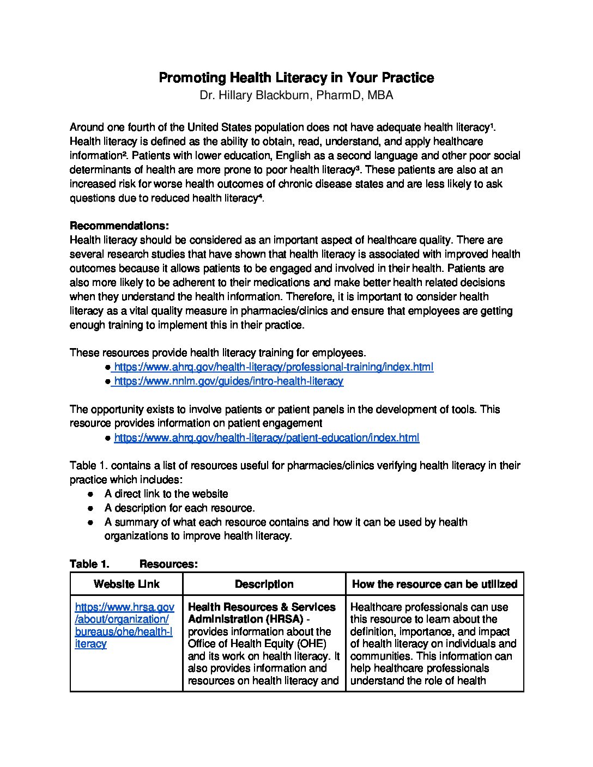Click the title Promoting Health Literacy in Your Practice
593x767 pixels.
pyautogui.click(x=296, y=78)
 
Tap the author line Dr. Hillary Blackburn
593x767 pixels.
pyautogui.click(x=296, y=95)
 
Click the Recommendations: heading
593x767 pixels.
pyautogui.click(x=119, y=226)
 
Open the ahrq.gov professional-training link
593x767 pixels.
pyautogui.click(x=274, y=367)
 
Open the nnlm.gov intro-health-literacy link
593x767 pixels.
pyautogui.click(x=228, y=381)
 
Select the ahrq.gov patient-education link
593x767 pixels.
pyautogui.click(x=267, y=437)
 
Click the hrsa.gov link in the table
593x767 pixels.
pyautogui.click(x=124, y=625)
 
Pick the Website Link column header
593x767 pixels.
pyautogui.click(x=126, y=584)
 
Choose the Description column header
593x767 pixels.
pyautogui.click(x=264, y=584)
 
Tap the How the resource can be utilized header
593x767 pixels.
pyautogui.click(x=434, y=584)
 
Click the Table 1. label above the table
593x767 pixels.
pyautogui.click(x=89, y=564)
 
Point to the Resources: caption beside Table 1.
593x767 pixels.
pyautogui.click(x=168, y=564)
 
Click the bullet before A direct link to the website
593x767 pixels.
pyautogui.click(x=91, y=494)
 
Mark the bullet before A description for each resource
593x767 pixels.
pyautogui.click(x=91, y=508)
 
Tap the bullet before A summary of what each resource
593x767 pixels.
pyautogui.click(x=91, y=522)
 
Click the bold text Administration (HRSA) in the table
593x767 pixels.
pyautogui.click(x=245, y=619)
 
